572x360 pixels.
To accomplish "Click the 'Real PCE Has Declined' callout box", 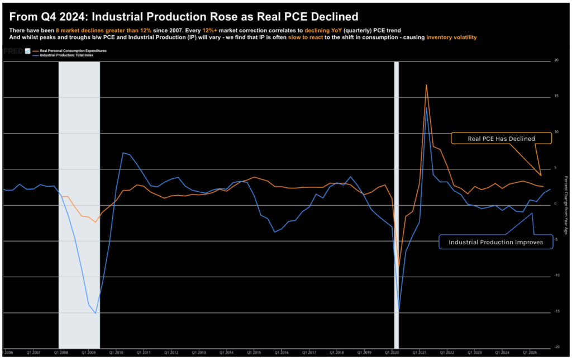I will coord(494,139).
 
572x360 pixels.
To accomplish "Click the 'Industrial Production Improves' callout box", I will coord(490,242).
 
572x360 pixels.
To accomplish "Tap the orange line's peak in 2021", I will coord(426,85).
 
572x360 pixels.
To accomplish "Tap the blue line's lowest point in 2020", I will coord(399,311).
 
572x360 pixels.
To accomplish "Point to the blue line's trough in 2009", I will coord(96,313).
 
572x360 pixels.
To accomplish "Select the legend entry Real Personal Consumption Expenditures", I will coord(69,50).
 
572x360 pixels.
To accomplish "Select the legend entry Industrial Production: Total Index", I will coord(67,54).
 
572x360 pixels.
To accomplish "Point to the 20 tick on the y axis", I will coord(556,60).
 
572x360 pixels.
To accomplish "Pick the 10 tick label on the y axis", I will coord(556,132).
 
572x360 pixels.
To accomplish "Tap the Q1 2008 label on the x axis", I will coord(61,353).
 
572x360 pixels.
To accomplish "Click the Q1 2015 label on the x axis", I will coord(253,353).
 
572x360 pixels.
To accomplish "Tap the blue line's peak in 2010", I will coord(123,153).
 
